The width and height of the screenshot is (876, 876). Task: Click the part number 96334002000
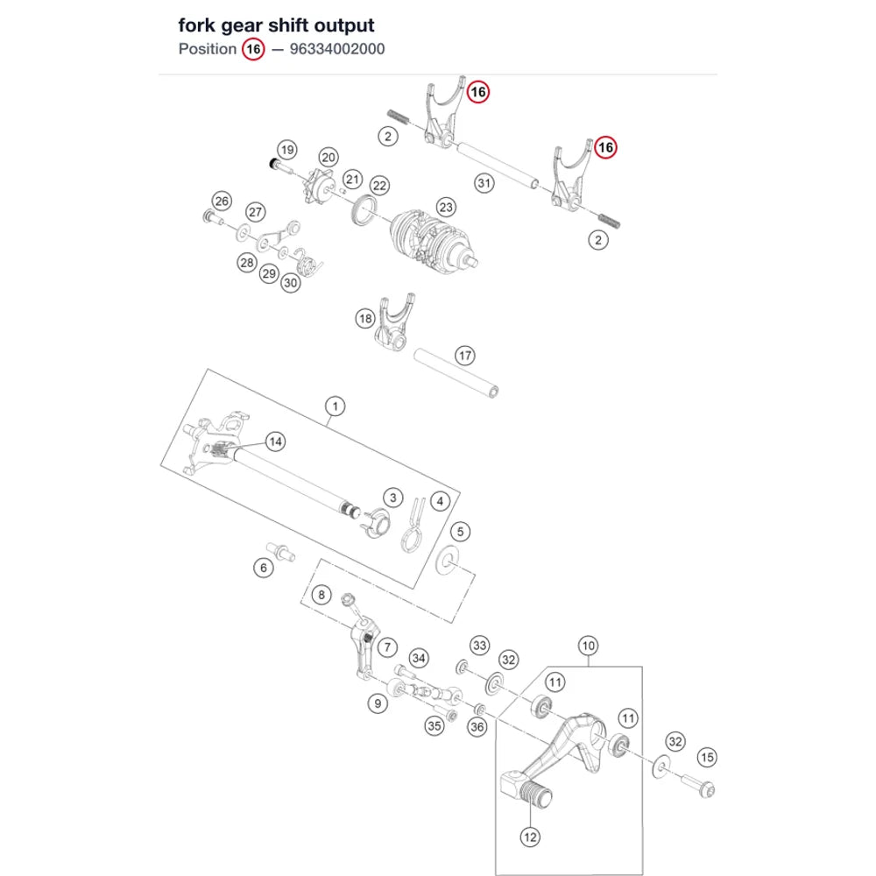(x=337, y=49)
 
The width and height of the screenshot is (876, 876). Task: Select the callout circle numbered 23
(x=446, y=208)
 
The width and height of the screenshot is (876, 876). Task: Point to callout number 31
(x=484, y=183)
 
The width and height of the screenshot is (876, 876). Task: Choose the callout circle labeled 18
(x=365, y=319)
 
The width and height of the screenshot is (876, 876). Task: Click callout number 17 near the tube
(x=465, y=356)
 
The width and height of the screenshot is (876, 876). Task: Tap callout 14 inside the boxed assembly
(x=275, y=442)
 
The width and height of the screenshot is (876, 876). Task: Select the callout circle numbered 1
(x=336, y=406)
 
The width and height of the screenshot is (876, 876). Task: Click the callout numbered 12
(x=530, y=837)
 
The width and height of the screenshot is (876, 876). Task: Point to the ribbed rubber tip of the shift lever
(x=534, y=794)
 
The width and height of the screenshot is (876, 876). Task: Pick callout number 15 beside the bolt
(x=707, y=758)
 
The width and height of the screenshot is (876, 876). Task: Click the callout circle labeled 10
(x=589, y=646)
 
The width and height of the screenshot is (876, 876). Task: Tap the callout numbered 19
(x=287, y=150)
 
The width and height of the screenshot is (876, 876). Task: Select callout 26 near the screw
(x=222, y=201)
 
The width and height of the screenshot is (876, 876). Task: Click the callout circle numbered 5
(x=461, y=532)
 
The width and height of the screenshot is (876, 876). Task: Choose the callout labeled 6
(x=264, y=569)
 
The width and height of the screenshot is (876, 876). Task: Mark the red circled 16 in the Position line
(x=253, y=49)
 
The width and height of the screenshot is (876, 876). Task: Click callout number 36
(x=477, y=727)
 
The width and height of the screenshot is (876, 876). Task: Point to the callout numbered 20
(x=328, y=158)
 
